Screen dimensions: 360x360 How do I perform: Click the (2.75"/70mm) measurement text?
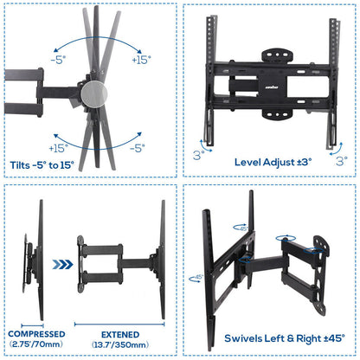[x=35, y=344]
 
